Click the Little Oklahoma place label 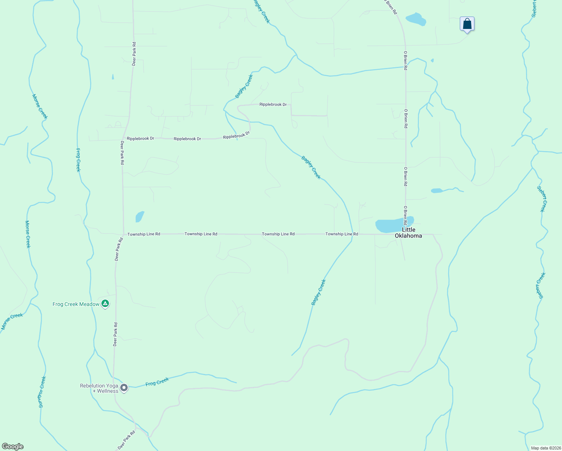pyautogui.click(x=408, y=233)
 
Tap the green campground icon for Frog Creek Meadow pyautogui.click(x=106, y=304)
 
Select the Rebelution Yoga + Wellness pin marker pyautogui.click(x=124, y=387)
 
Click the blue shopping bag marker pyautogui.click(x=467, y=24)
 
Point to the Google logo pyautogui.click(x=13, y=446)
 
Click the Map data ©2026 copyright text pyautogui.click(x=545, y=448)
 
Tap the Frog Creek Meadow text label pyautogui.click(x=76, y=304)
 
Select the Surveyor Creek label pyautogui.click(x=42, y=392)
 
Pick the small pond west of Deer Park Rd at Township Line pyautogui.click(x=139, y=217)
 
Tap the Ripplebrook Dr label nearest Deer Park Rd pyautogui.click(x=140, y=139)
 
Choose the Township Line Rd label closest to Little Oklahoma pyautogui.click(x=341, y=234)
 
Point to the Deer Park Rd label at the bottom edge pyautogui.click(x=126, y=440)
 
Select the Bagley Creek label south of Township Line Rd pyautogui.click(x=318, y=292)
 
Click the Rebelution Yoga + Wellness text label pyautogui.click(x=99, y=388)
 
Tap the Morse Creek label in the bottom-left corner pyautogui.click(x=12, y=321)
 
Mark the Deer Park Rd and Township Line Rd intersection pyautogui.click(x=123, y=234)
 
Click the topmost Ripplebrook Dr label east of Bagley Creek pyautogui.click(x=273, y=104)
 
